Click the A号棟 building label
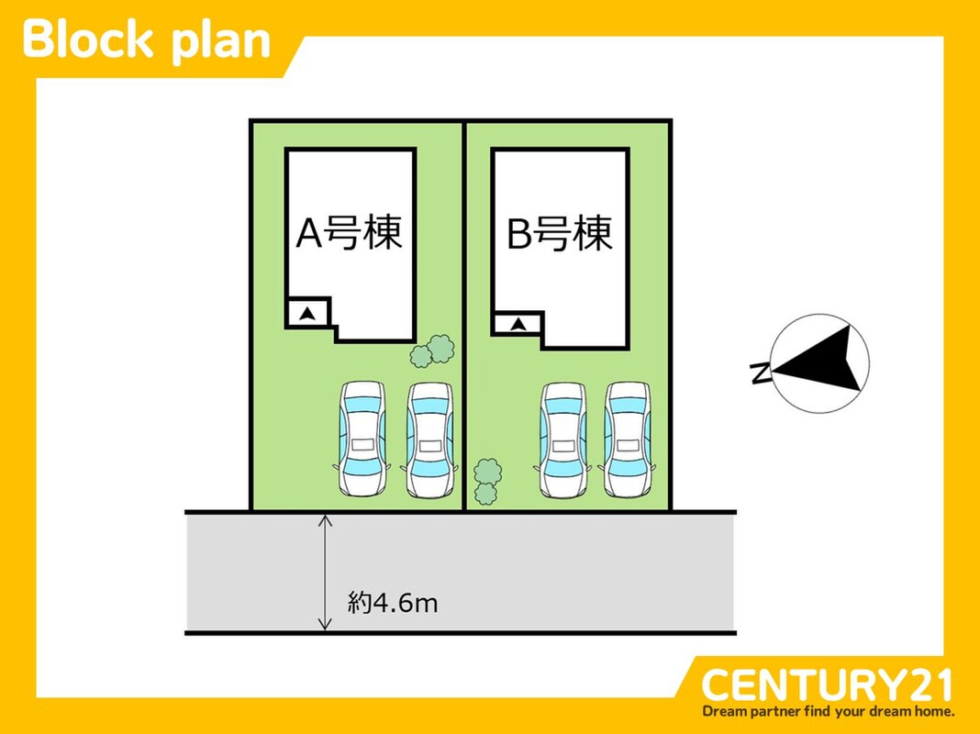tap(350, 234)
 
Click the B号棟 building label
tap(560, 234)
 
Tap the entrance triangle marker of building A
tap(309, 314)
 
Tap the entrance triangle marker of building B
tap(518, 324)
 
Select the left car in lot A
tap(363, 439)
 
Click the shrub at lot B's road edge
tap(487, 483)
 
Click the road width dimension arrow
tap(324, 573)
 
